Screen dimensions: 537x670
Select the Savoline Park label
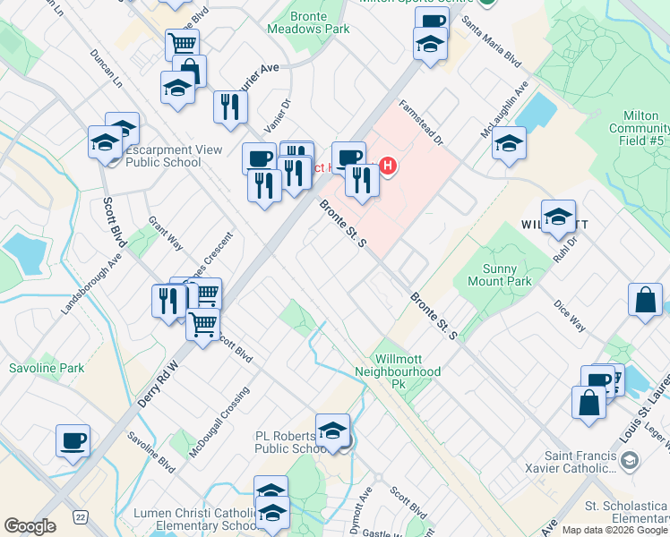click(x=47, y=368)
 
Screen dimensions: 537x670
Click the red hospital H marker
click(x=388, y=166)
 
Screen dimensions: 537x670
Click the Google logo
click(x=30, y=526)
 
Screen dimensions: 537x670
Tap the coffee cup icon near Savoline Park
click(x=73, y=439)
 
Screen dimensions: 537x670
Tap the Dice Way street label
click(x=569, y=315)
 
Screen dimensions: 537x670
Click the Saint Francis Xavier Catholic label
click(x=556, y=460)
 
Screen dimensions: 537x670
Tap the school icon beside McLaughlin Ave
click(x=509, y=142)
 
